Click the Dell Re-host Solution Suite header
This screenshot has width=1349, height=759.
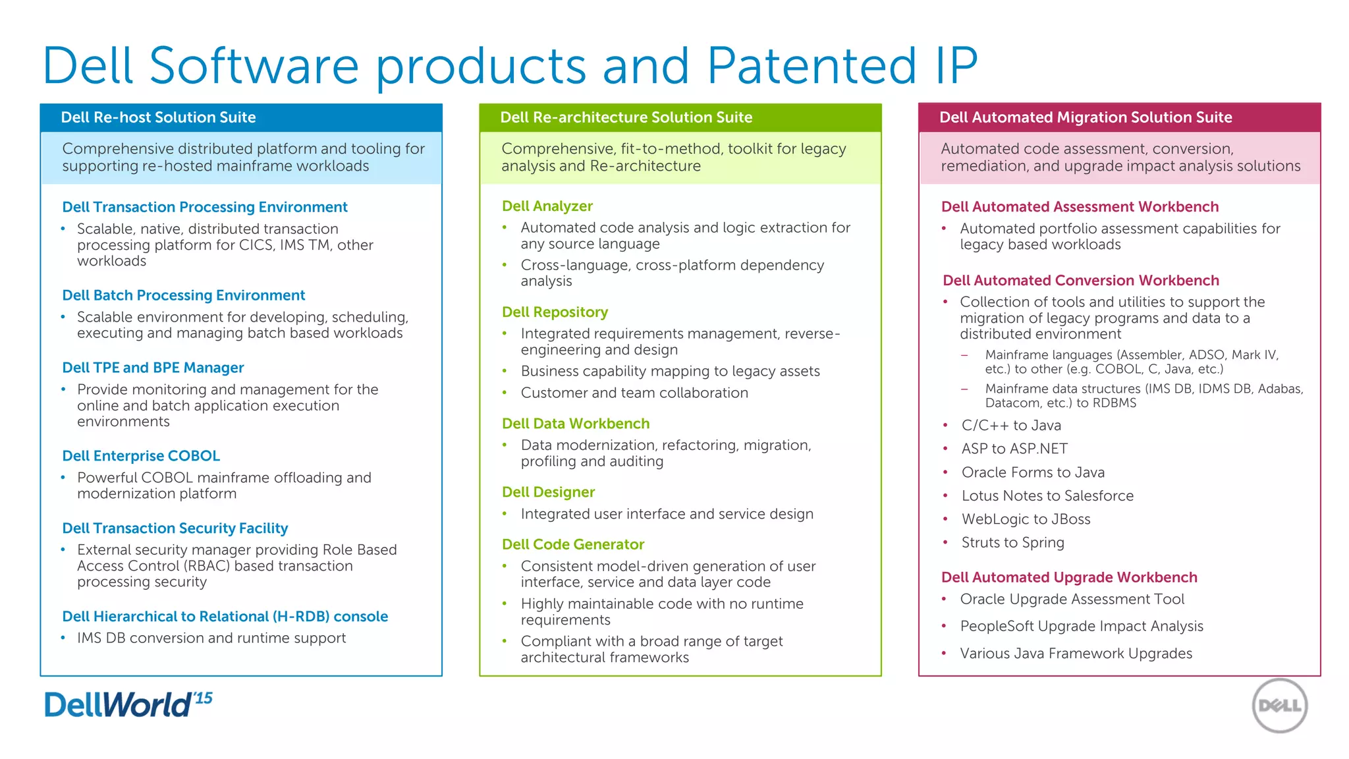pos(158,117)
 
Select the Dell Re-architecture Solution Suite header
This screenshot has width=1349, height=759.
pos(626,117)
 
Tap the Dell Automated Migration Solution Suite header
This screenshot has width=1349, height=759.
pos(1086,117)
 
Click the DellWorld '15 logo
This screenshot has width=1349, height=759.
pos(128,704)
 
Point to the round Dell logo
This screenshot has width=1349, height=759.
pos(1279,706)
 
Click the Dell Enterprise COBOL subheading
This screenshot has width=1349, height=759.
pos(141,456)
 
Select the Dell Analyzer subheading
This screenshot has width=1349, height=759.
pos(547,206)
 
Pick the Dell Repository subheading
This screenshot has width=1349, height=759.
pos(555,312)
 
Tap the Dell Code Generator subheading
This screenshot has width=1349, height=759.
pos(573,544)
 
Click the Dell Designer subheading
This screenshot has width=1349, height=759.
pos(548,492)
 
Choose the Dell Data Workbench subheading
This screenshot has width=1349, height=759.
pos(576,424)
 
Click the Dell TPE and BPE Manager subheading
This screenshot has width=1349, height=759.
pos(153,368)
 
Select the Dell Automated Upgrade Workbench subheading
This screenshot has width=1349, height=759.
pos(1069,577)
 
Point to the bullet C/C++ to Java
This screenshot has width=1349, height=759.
pos(1011,426)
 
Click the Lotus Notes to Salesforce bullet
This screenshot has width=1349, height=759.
pos(1047,496)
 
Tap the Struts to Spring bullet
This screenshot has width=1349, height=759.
pos(1012,543)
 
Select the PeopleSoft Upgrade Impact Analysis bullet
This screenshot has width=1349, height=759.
pos(1082,627)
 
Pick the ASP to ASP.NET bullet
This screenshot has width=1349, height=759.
pos(1014,449)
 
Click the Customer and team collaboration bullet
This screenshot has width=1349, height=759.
pos(634,393)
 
